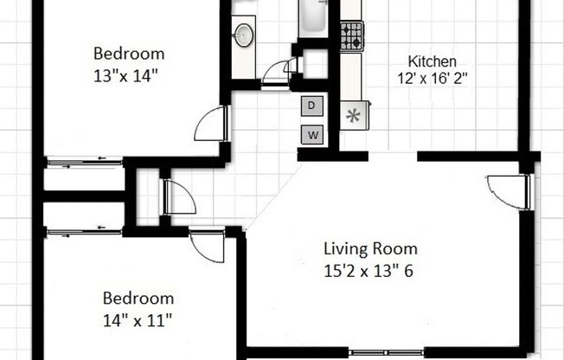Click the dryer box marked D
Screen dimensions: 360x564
pos(312,106)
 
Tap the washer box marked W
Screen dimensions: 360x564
pos(312,134)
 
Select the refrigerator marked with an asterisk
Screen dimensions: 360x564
pos(353,115)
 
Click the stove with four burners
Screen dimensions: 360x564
pos(351,35)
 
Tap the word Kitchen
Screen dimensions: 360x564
pos(432,61)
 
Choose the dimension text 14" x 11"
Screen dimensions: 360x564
pos(138,318)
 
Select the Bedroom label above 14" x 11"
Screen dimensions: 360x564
pos(138,299)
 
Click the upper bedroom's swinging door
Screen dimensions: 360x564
pos(211,125)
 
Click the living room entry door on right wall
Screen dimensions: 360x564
pos(509,191)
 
